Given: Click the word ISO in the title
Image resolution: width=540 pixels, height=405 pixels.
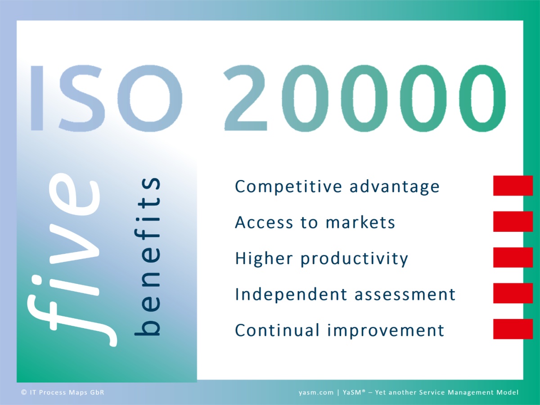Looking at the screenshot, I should coord(106,98).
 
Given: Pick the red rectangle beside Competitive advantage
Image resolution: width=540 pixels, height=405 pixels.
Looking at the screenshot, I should coord(513,186).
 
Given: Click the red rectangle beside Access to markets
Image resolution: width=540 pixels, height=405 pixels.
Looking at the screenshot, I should coord(513,221).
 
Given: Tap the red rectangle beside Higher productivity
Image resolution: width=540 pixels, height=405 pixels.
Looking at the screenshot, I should coord(513,257).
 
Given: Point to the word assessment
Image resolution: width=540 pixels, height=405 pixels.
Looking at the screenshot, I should coord(405,294).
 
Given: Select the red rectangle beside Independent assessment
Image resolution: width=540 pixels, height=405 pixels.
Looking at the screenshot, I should coord(513,293).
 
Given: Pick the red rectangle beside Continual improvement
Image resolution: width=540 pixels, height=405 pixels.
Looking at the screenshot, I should coord(513,329).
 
